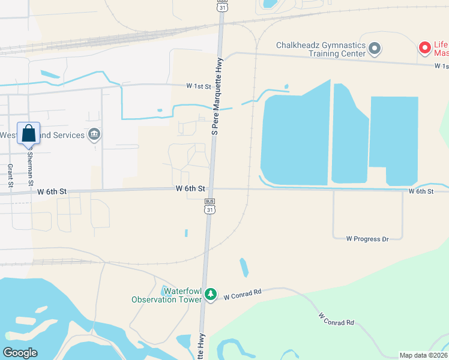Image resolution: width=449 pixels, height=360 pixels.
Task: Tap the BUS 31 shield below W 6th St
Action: pos(209,206)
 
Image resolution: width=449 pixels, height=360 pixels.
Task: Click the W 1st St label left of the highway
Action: pos(199,86)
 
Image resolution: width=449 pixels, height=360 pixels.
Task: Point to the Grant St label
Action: pos(10,175)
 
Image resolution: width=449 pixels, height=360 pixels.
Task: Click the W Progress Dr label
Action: pos(367,239)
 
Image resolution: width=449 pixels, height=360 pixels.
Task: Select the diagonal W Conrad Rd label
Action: pos(336,319)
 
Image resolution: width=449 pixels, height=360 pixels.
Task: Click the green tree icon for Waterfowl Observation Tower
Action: pos(210,294)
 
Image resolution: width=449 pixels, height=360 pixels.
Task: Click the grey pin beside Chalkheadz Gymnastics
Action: pos(375,49)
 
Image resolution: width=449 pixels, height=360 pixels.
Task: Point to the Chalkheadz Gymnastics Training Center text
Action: pos(321,49)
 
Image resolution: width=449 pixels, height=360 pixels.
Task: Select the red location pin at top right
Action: pos(424,47)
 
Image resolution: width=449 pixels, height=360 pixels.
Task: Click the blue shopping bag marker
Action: pos(29,133)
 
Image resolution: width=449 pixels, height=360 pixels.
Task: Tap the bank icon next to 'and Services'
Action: pos(94,134)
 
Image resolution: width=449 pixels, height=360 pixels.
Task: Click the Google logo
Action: pos(20,353)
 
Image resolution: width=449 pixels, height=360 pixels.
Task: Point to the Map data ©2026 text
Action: pos(423,355)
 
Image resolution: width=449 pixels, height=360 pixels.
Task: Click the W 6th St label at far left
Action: pos(52,192)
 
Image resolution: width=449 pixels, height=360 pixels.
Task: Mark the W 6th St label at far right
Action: pos(421,191)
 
